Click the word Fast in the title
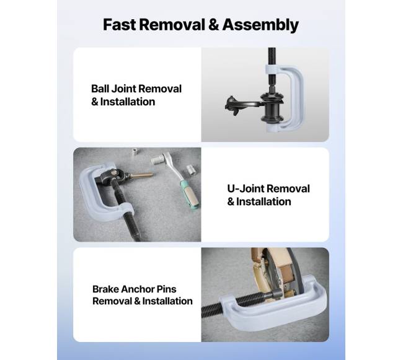click(119, 25)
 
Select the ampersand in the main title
click(213, 25)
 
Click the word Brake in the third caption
click(105, 289)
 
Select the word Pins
click(167, 289)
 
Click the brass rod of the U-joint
click(142, 175)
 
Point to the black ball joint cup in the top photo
click(272, 108)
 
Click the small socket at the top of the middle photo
click(135, 151)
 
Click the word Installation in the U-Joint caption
click(263, 202)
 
